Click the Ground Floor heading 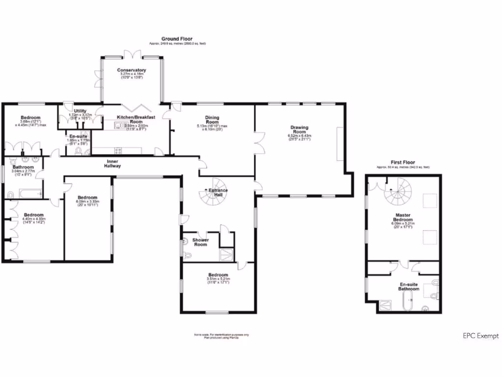coord(177,39)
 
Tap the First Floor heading coord(402,162)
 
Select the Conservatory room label coord(131,70)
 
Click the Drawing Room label coord(300,130)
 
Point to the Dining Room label coord(212,120)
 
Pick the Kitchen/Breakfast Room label coord(136,119)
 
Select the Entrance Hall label coord(218,192)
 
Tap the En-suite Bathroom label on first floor coord(409,287)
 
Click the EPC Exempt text coord(480,336)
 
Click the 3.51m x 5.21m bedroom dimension coord(217,280)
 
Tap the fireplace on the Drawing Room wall coord(340,143)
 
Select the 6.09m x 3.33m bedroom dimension coord(87,201)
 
